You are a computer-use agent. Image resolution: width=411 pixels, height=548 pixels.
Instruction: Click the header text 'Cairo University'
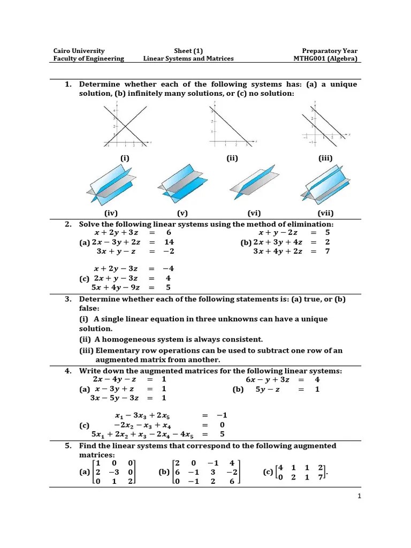click(x=79, y=50)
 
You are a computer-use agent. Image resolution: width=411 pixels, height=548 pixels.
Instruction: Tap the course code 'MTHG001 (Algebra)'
click(x=325, y=58)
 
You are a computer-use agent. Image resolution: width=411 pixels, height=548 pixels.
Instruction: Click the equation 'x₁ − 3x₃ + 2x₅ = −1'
click(x=171, y=415)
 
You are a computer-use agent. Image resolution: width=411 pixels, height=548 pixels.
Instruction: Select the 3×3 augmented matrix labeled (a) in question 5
click(x=115, y=471)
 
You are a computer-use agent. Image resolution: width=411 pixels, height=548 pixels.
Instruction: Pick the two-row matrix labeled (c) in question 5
click(x=301, y=471)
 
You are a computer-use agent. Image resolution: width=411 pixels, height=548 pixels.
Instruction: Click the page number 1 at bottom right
click(x=360, y=496)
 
